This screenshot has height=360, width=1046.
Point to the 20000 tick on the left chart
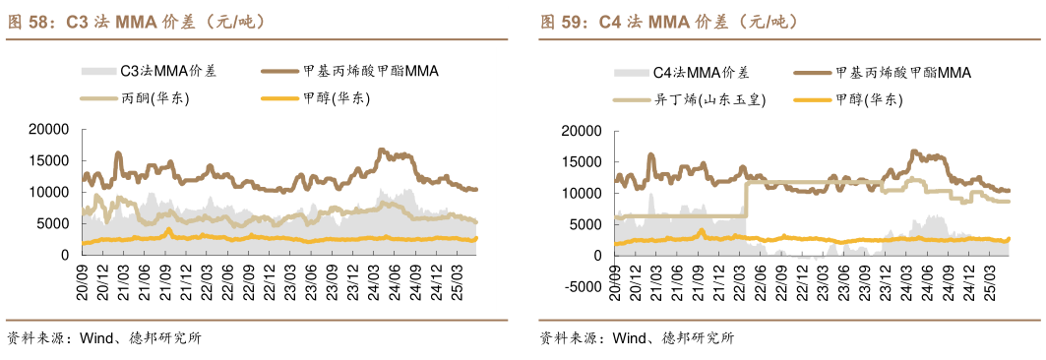(48, 129)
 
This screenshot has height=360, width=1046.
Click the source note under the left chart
(103, 338)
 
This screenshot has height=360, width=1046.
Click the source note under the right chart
(637, 338)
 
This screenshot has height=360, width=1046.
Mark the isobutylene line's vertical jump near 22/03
(746, 199)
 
